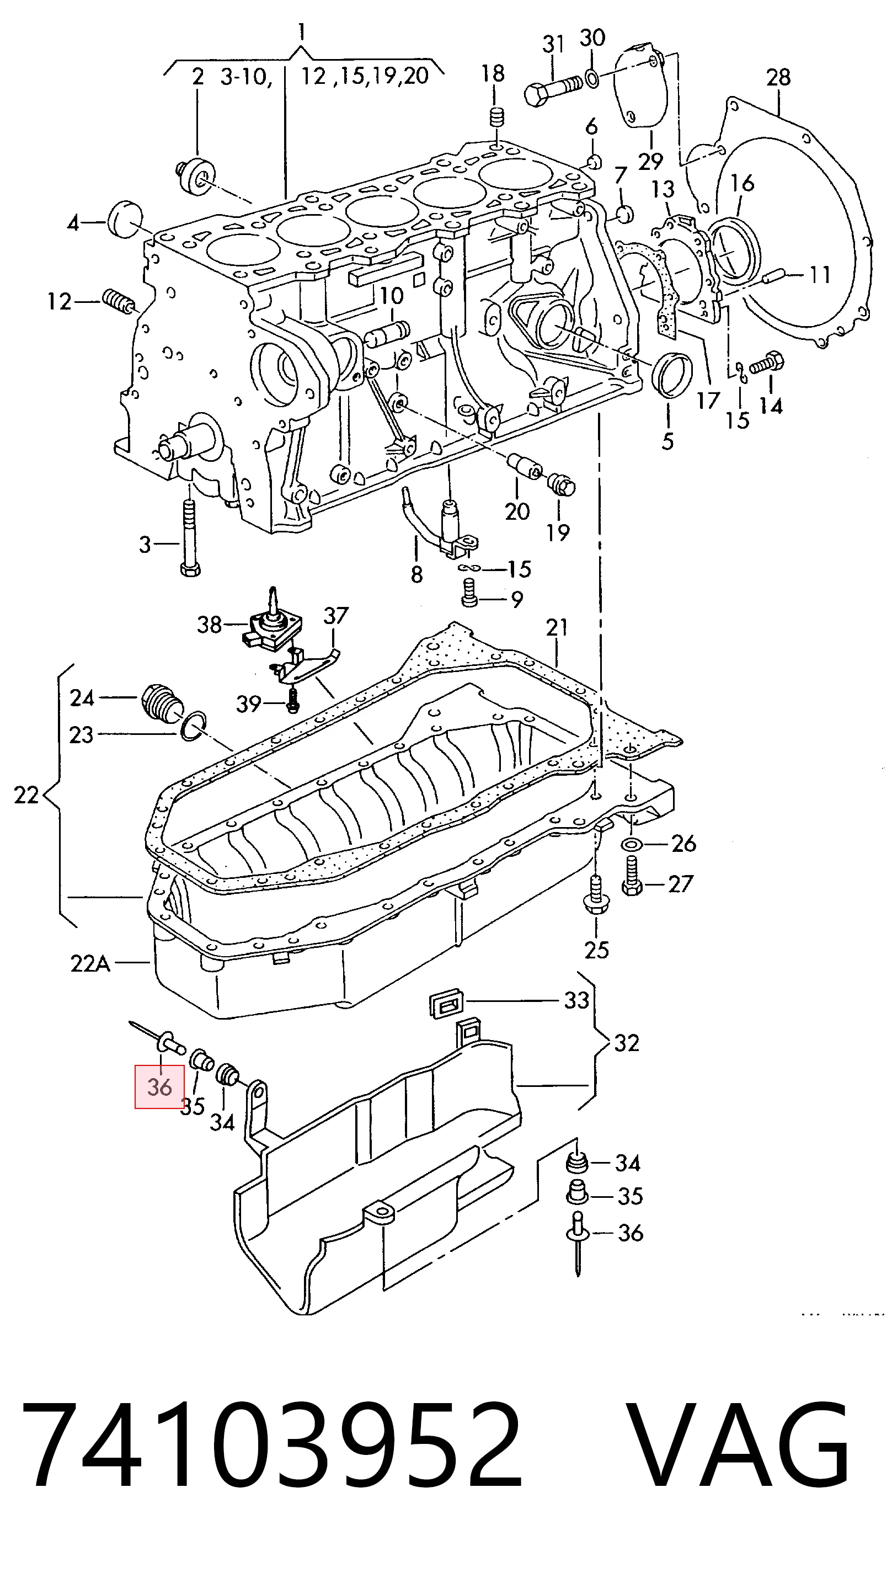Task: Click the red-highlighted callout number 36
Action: [x=159, y=1087]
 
